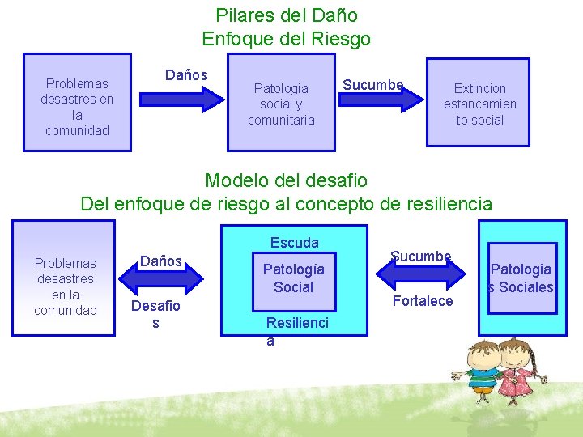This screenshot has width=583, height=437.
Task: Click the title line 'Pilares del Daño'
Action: coord(287,15)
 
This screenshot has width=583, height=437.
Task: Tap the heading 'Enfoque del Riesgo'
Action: coord(287,39)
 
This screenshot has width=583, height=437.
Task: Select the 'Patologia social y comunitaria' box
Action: coord(281,104)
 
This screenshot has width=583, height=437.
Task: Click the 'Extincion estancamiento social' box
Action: coord(479,104)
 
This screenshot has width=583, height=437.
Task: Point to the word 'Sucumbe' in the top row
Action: coord(372,85)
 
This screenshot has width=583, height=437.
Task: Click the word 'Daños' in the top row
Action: coord(186,75)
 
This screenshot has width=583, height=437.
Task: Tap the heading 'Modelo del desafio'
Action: coord(287,180)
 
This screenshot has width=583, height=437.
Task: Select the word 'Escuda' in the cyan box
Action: coord(295,243)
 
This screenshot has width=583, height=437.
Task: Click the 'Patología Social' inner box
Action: coord(293,278)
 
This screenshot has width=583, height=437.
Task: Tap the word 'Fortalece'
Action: coord(423,301)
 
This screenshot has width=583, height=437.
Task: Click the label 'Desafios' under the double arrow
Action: coord(155,314)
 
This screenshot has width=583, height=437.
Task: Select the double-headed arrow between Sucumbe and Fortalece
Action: coord(421,278)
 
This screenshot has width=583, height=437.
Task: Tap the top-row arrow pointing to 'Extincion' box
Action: coord(381,99)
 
